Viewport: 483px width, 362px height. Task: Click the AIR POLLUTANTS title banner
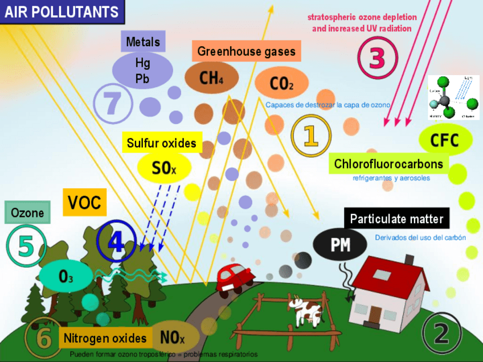pos(62,11)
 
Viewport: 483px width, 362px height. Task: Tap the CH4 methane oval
pos(211,78)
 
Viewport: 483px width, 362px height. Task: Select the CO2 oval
pos(282,84)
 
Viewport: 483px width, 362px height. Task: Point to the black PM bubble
pos(341,245)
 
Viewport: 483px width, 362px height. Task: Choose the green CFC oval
pos(445,140)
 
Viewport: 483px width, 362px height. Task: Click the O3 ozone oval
pos(66,276)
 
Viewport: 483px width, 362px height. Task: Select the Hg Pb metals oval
pos(142,71)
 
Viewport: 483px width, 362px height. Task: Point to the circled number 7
pos(113,103)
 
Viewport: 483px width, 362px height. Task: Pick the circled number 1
pos(310,135)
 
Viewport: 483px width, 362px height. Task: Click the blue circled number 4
pos(116,241)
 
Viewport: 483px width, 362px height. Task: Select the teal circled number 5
pos(26,245)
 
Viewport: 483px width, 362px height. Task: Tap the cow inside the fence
pos(306,310)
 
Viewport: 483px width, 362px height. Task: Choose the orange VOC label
pos(84,202)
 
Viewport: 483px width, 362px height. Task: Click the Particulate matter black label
pos(396,219)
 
